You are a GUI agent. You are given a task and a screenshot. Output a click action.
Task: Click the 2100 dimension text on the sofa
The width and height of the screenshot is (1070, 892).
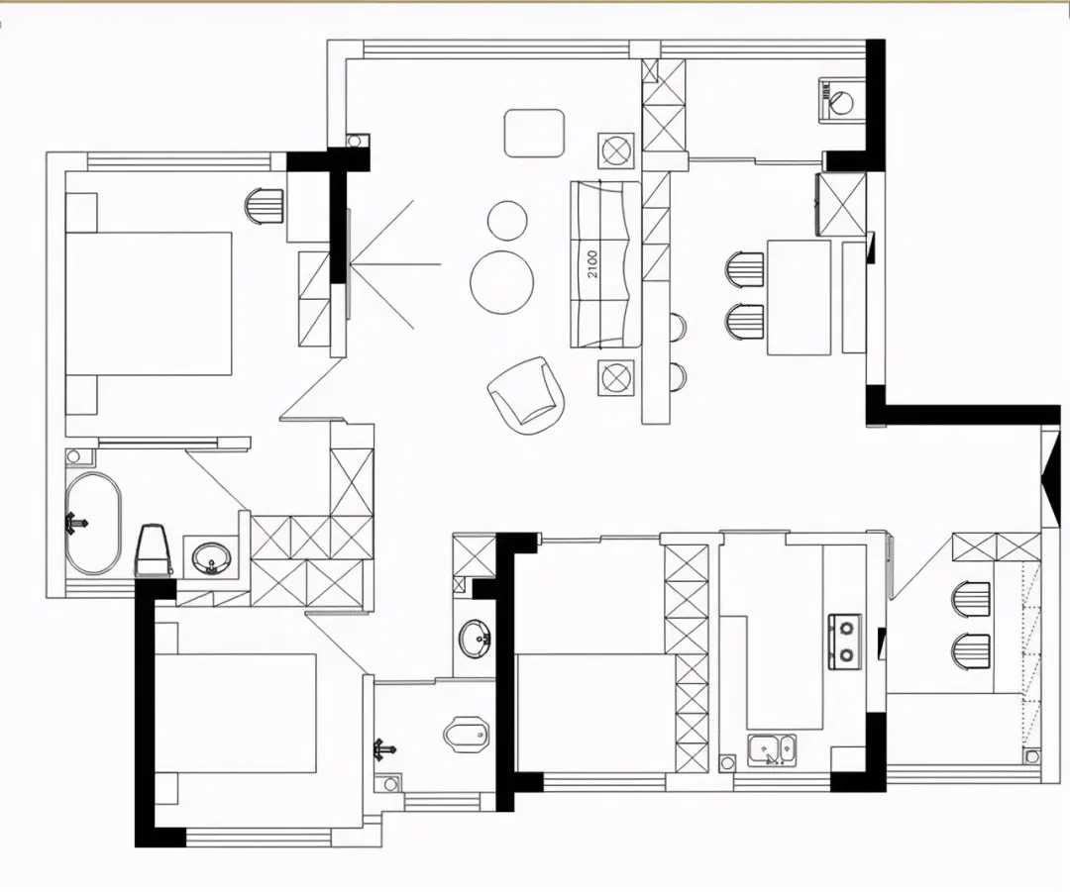click(x=592, y=264)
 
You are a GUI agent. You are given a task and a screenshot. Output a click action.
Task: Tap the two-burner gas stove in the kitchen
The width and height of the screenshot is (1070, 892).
click(x=845, y=642)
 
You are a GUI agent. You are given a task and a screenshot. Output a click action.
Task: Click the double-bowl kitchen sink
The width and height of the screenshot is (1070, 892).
click(x=772, y=749)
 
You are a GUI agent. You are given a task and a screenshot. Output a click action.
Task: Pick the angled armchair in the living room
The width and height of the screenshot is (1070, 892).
click(x=526, y=395)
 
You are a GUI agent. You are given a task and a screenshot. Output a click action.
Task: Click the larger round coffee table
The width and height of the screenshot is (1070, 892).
click(x=501, y=282)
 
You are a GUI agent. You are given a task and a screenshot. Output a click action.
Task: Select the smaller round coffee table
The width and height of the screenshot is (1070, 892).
click(x=507, y=220)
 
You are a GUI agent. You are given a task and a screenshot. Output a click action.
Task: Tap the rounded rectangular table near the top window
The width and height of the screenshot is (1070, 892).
click(x=534, y=134)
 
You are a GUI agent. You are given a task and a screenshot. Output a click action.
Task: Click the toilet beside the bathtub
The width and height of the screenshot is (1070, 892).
click(x=153, y=549)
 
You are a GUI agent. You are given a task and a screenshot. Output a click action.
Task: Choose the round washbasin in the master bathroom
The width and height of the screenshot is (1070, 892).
click(x=212, y=558)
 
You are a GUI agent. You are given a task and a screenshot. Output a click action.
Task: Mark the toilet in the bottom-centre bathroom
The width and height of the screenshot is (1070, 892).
click(x=466, y=735)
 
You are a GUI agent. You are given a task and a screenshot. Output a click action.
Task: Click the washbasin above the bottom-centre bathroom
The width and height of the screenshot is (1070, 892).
click(x=475, y=639)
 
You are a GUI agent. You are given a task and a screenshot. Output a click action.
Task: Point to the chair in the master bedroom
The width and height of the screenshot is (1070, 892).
click(x=265, y=206)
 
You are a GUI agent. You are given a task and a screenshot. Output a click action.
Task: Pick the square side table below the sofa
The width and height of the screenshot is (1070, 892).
click(x=615, y=376)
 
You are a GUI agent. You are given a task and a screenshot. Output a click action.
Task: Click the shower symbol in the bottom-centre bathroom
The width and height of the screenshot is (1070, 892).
click(x=384, y=749)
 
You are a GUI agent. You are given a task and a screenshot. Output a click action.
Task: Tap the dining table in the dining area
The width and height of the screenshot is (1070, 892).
click(x=800, y=297)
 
